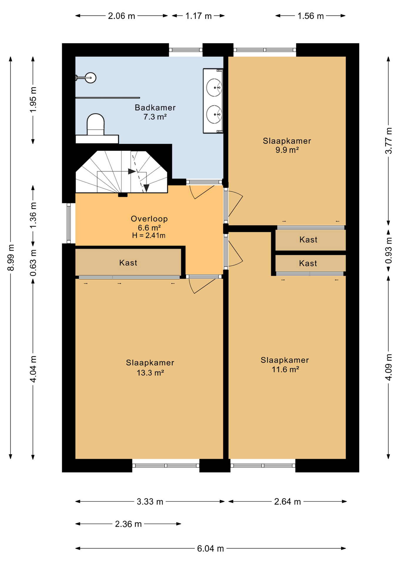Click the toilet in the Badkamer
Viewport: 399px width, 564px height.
click(95, 125)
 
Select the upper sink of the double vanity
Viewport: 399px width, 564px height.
click(214, 87)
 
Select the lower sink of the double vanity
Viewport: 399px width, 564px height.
click(214, 114)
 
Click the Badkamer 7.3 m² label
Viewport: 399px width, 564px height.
click(155, 112)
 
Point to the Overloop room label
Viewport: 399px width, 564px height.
click(149, 219)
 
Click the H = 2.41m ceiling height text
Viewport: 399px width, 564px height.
click(149, 235)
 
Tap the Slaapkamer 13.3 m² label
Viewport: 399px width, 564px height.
click(150, 367)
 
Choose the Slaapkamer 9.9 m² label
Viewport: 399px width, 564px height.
click(287, 145)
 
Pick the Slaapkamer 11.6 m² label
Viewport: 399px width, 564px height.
click(285, 365)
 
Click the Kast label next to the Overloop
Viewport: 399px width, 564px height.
click(128, 263)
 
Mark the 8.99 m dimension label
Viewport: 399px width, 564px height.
click(11, 258)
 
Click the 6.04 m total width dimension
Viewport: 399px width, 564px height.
click(210, 548)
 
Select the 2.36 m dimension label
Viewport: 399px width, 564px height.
click(128, 524)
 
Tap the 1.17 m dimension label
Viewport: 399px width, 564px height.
click(199, 16)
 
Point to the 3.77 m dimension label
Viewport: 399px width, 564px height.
click(388, 140)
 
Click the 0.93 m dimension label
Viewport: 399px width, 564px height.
click(388, 251)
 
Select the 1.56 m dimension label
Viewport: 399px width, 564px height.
click(311, 16)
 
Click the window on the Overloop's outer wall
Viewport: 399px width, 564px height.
click(69, 224)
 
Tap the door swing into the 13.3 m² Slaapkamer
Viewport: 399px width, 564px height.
click(202, 286)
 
